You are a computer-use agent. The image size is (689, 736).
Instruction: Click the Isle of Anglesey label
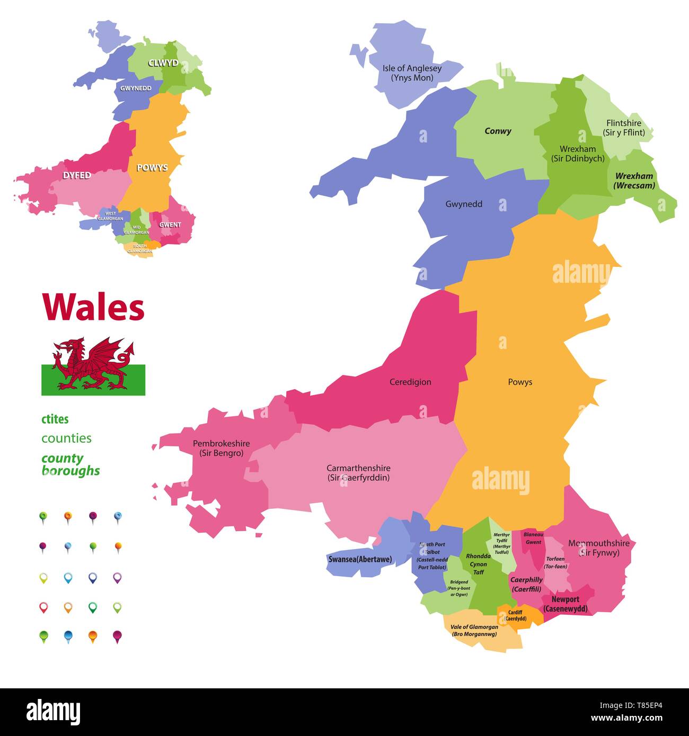tap(412, 73)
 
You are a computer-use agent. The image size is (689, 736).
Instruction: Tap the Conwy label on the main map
tap(498, 131)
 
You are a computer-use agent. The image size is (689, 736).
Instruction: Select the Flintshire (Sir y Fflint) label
tap(624, 128)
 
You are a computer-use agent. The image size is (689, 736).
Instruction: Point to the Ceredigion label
tap(410, 382)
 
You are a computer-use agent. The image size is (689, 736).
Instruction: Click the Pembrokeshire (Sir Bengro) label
tap(221, 448)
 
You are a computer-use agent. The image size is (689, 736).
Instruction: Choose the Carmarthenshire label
tap(358, 473)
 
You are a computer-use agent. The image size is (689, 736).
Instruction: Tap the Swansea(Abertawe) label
tap(360, 559)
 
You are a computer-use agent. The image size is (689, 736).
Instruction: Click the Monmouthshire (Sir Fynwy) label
tap(599, 548)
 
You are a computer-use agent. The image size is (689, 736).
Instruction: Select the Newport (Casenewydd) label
tap(565, 604)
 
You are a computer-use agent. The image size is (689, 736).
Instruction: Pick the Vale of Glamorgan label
tap(474, 630)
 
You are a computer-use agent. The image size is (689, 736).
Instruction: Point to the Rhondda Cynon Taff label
tap(479, 564)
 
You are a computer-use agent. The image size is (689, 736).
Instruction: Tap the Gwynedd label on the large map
tap(464, 204)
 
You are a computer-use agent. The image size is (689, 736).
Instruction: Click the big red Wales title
tap(93, 307)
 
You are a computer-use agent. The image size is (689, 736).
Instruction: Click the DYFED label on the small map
tap(77, 175)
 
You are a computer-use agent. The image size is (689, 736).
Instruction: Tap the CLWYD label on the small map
tap(163, 63)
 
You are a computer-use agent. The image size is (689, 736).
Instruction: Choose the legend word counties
tap(66, 438)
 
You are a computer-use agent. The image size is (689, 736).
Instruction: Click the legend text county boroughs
tap(70, 464)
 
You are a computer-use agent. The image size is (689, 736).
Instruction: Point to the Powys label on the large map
tap(519, 382)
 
